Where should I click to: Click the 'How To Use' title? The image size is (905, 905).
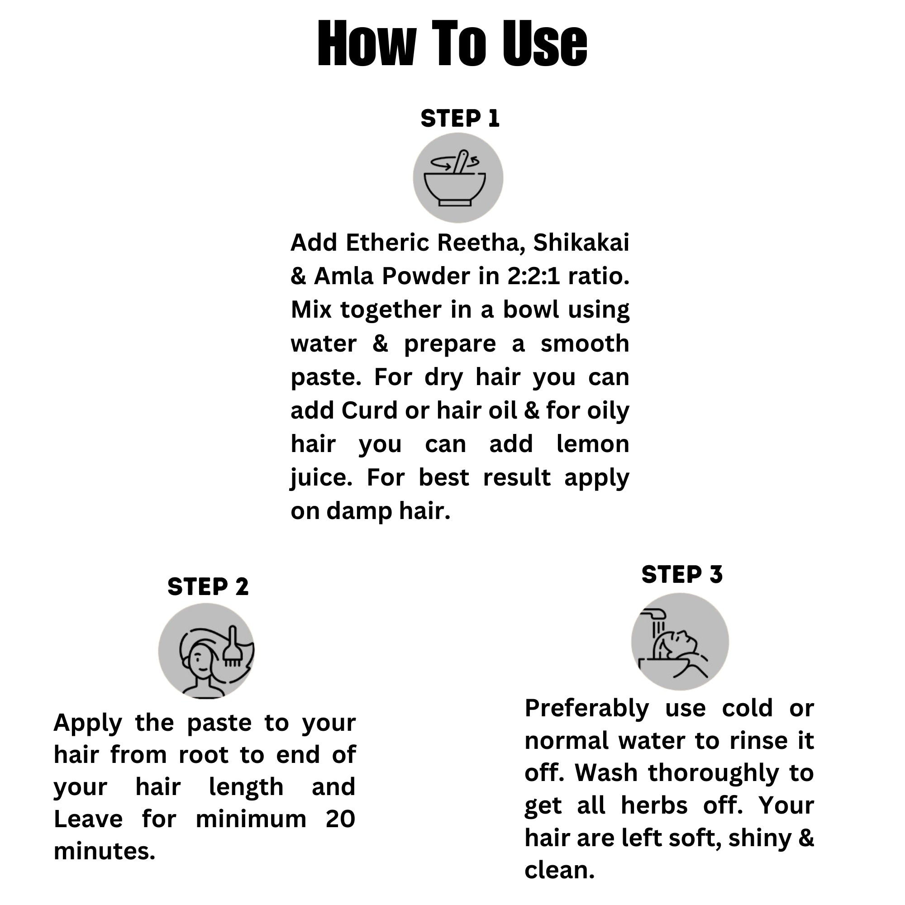pos(452,44)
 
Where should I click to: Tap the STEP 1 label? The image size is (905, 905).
pos(460,119)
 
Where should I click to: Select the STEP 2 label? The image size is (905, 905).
pos(208,586)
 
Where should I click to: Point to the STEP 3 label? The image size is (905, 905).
pos(682,574)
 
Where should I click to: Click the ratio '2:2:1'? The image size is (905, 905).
pos(533,276)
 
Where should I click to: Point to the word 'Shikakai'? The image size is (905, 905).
pos(581,243)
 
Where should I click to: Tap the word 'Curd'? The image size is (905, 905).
pos(370,410)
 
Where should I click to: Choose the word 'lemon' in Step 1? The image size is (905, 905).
pos(593,443)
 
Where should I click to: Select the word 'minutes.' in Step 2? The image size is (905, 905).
pos(105,851)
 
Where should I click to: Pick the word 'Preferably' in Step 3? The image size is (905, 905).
pos(586,709)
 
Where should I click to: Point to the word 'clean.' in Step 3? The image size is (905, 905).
pos(559,870)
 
